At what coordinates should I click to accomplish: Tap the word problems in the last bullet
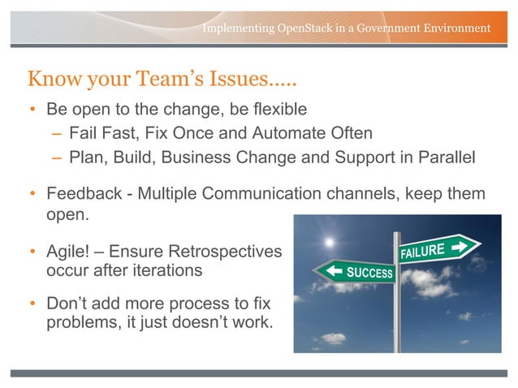click(x=81, y=323)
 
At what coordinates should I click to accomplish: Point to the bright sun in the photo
click(x=329, y=242)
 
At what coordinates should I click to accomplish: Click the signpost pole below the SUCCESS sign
click(x=397, y=321)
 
